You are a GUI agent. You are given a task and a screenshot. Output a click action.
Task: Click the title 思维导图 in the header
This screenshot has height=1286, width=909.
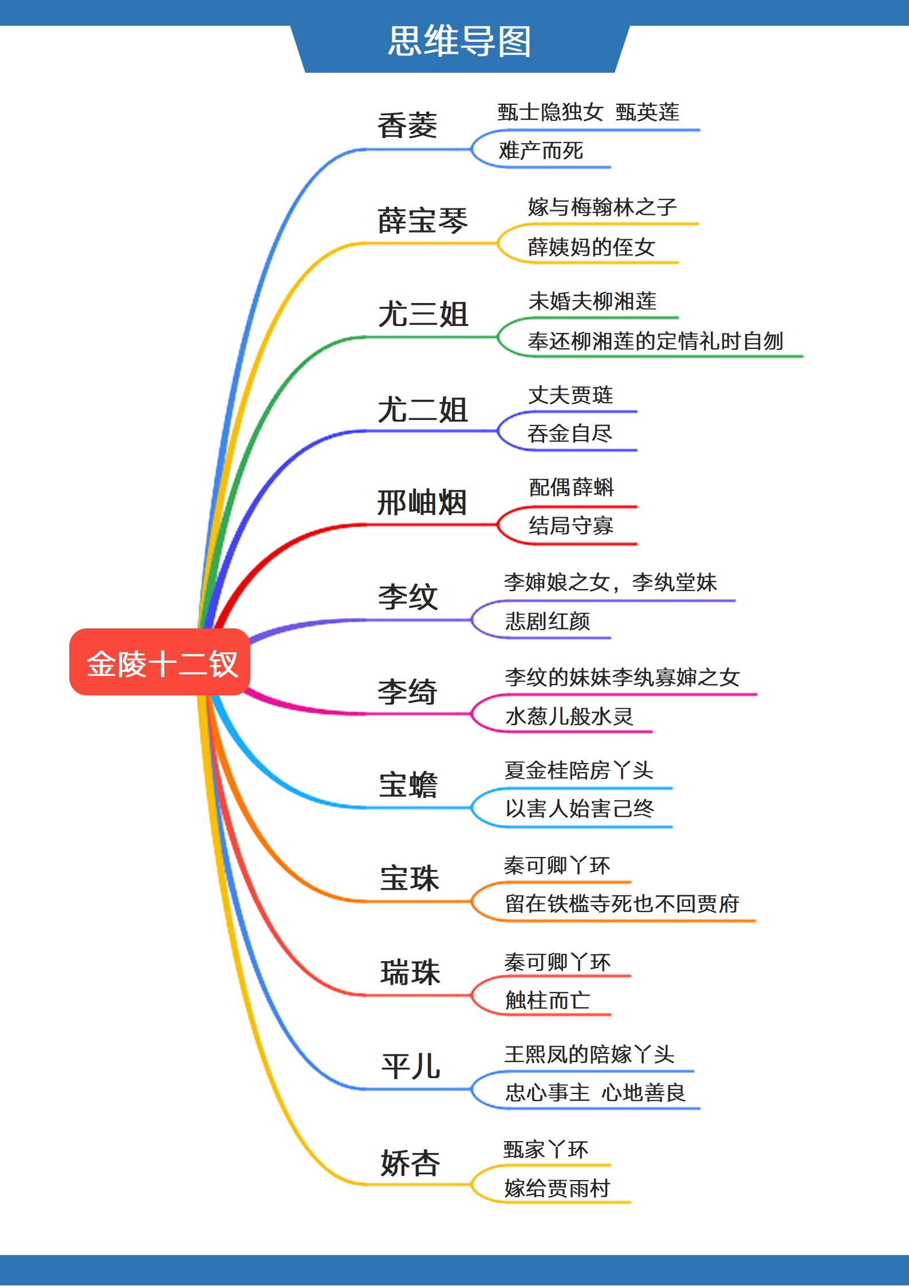(459, 41)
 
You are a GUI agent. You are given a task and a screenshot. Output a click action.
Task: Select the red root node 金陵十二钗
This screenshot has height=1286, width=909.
(161, 663)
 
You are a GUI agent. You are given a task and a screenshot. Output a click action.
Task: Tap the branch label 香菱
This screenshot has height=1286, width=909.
(407, 125)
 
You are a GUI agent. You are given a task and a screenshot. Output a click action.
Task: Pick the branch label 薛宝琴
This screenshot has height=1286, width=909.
(423, 221)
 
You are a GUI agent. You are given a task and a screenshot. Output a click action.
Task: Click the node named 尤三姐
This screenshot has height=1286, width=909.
(423, 314)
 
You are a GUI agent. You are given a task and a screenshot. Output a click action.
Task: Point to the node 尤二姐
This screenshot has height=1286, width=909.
(423, 410)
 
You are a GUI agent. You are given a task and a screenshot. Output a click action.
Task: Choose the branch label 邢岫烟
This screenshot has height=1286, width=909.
(422, 503)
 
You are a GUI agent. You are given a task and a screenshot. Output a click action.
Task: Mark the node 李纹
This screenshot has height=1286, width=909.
(407, 597)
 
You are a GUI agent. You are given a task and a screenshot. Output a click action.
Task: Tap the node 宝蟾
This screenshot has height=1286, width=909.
(408, 785)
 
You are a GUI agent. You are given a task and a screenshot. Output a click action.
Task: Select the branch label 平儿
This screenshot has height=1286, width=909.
(411, 1067)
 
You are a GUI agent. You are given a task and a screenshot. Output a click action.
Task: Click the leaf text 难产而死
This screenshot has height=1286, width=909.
(541, 151)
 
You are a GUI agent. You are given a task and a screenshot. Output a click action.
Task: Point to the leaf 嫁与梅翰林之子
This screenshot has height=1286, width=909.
(602, 207)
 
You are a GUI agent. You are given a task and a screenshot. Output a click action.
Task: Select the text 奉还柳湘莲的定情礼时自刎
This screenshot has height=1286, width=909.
(655, 341)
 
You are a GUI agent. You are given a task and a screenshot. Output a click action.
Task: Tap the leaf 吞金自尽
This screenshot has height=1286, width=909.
(570, 434)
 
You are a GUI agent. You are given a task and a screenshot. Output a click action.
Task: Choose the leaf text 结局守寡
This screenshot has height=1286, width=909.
(570, 526)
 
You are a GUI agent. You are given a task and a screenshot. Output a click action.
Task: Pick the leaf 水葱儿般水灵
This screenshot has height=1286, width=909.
(569, 716)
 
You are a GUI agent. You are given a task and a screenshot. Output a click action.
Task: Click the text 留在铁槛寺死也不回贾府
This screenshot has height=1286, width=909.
(621, 904)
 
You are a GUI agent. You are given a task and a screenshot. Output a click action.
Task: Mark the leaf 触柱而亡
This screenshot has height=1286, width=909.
(547, 1000)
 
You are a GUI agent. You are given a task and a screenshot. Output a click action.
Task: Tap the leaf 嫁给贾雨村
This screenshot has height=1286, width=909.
(557, 1188)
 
